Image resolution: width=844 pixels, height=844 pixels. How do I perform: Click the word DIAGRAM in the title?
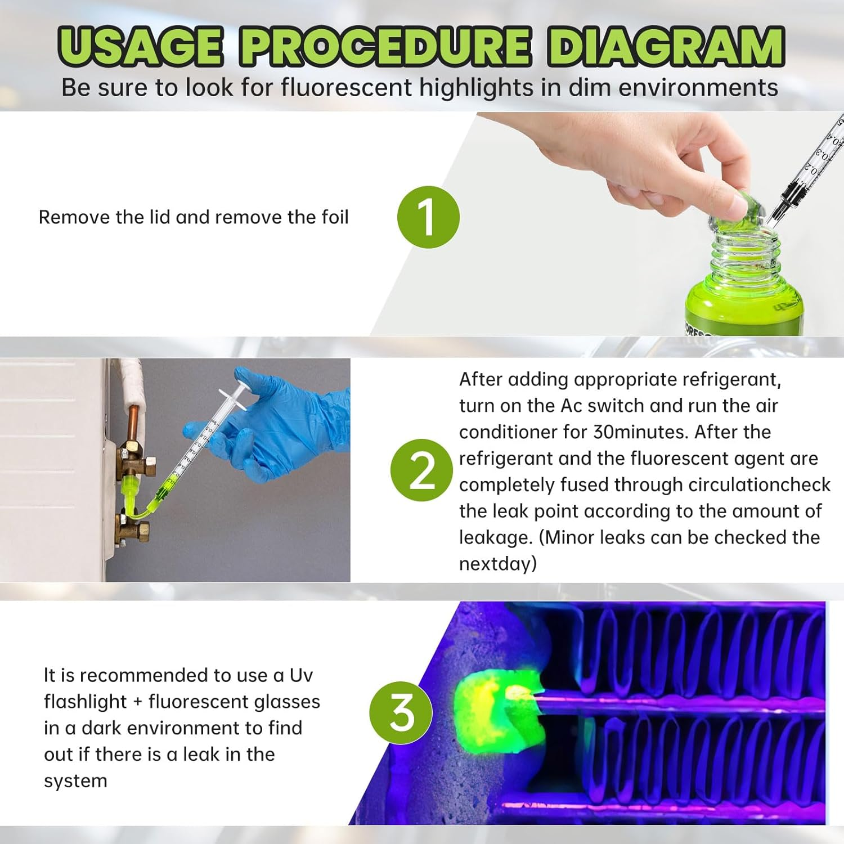click(x=666, y=46)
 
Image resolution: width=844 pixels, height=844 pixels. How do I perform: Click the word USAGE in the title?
click(x=141, y=46)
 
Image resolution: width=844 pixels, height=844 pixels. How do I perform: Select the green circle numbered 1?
click(x=428, y=217)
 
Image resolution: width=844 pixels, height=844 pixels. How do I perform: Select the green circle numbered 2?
click(x=421, y=470)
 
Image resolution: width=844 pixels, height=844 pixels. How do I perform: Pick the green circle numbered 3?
click(x=401, y=712)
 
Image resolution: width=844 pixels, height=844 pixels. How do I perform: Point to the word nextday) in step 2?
click(x=498, y=564)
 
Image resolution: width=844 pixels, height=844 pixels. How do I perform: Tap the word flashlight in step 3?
click(x=85, y=702)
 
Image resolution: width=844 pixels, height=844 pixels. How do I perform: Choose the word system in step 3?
click(x=75, y=781)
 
